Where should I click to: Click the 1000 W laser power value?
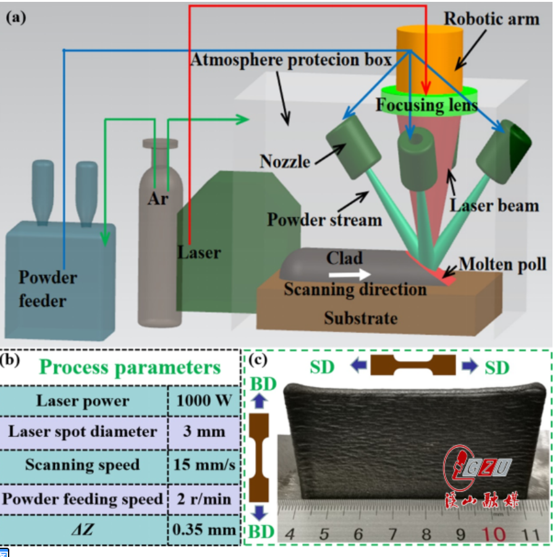point(204,401)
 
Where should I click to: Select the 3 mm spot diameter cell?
point(204,432)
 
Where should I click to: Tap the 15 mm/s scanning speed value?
point(204,465)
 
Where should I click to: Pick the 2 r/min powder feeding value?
point(204,498)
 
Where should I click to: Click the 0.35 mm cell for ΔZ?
point(204,530)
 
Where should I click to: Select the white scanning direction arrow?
point(350,273)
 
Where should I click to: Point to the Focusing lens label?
point(426,106)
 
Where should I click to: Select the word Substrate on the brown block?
point(361,318)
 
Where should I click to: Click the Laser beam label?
point(495,205)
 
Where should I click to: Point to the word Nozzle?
point(285,162)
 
